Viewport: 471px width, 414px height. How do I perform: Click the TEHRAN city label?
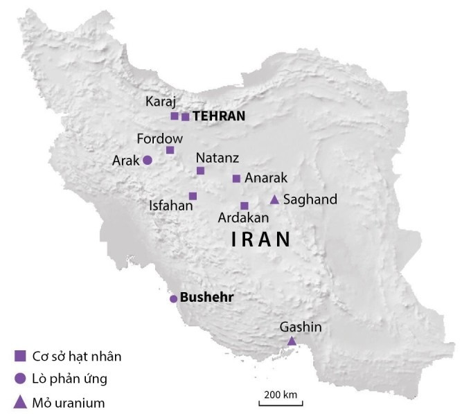click(219, 116)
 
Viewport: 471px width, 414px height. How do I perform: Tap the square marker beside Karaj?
click(175, 116)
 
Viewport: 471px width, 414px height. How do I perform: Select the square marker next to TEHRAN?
click(185, 117)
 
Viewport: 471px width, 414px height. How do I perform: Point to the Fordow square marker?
click(170, 150)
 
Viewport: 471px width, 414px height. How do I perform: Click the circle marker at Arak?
click(148, 160)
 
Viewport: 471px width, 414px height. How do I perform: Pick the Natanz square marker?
click(200, 170)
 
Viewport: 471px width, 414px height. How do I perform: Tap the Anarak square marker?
click(236, 179)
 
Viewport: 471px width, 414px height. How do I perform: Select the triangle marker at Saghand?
click(274, 200)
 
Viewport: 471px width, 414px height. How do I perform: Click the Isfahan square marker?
click(193, 196)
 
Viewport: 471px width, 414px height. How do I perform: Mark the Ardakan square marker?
click(244, 206)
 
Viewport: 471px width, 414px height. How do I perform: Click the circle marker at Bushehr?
click(173, 299)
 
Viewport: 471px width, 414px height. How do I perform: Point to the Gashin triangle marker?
click(292, 341)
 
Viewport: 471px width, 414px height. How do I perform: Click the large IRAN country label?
click(260, 240)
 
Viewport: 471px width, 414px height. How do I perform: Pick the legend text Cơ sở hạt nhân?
click(77, 357)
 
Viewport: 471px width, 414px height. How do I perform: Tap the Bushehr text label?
click(206, 298)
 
